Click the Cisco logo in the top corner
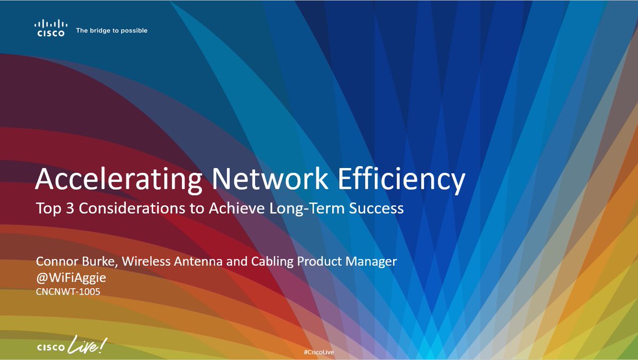coord(51,28)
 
